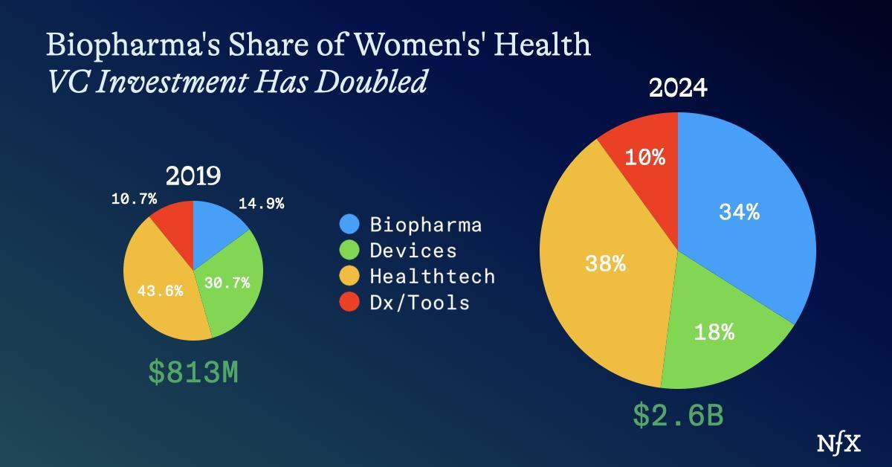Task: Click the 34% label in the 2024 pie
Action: click(739, 213)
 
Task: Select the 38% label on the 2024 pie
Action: click(604, 263)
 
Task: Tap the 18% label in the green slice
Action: click(714, 332)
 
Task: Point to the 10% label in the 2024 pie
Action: click(644, 158)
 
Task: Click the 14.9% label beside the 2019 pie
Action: click(261, 203)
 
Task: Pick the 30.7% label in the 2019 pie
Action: click(227, 283)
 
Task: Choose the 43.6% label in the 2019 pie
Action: click(160, 291)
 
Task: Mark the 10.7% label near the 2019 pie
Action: click(133, 199)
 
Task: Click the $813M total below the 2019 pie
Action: click(193, 373)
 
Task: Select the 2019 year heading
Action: click(193, 176)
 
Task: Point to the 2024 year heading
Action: click(678, 89)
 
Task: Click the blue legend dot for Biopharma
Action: click(349, 224)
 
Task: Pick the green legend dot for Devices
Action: click(349, 250)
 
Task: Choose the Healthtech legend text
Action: click(432, 277)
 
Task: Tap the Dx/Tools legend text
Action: click(419, 303)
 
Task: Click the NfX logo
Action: click(838, 444)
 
